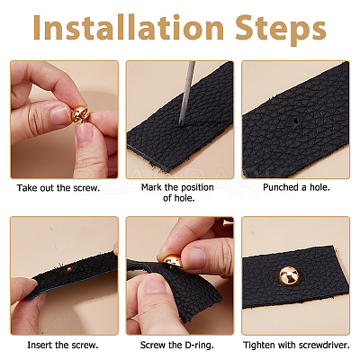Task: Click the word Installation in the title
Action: (x=129, y=27)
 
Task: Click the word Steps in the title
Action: (x=281, y=30)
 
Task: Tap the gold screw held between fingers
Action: (x=80, y=114)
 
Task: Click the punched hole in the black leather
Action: (x=296, y=121)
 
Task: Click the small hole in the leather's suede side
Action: (x=70, y=269)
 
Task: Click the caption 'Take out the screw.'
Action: (x=58, y=188)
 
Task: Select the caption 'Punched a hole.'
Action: (x=296, y=187)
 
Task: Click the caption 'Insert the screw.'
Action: (x=63, y=345)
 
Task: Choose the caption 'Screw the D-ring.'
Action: (x=177, y=345)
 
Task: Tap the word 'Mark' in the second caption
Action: (x=151, y=187)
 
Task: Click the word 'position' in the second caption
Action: (x=196, y=188)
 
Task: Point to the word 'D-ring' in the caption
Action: (x=199, y=346)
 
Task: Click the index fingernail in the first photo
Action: (x=60, y=115)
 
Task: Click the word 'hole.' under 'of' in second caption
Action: (x=184, y=198)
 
